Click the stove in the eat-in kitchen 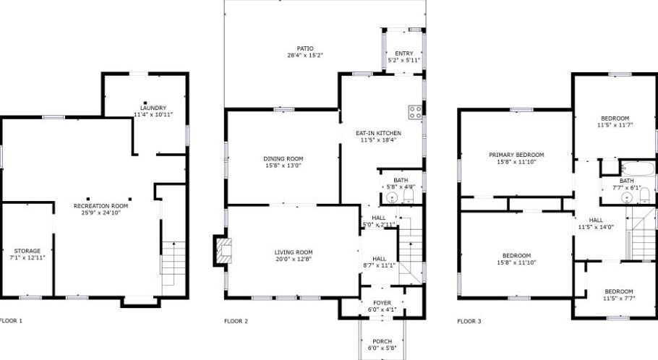[x=416, y=111]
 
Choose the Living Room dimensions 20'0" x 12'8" [x=293, y=259]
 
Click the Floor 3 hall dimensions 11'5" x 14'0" [x=595, y=227]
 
